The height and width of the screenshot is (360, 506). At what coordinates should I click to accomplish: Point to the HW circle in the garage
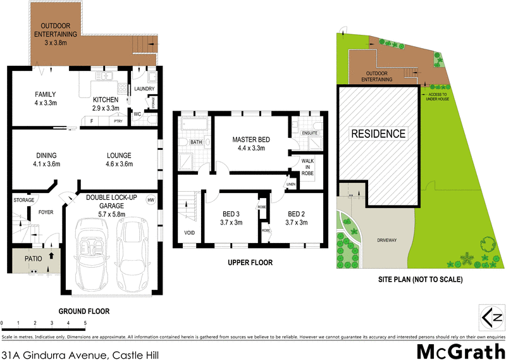coord(151,201)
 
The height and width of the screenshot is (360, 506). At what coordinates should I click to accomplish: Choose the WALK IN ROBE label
coord(307,166)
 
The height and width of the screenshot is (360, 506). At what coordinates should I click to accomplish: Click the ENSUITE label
coord(309,133)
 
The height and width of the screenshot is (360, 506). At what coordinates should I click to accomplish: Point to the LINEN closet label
coord(290,185)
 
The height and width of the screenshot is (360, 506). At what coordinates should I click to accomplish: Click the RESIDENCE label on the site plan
coord(378,133)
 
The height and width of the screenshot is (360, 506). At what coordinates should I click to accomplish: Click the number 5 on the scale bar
coord(85,323)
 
